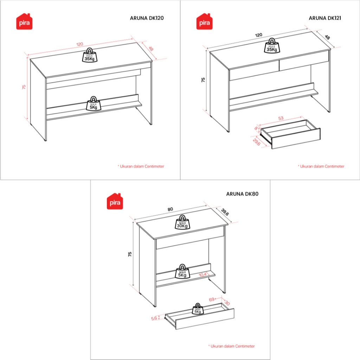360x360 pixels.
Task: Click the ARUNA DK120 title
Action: coord(147,18)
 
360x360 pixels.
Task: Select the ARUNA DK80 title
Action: coord(243,193)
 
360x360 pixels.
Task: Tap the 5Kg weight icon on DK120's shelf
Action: coord(93,104)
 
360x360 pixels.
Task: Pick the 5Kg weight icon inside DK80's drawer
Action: coord(198,309)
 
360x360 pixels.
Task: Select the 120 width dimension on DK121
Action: coord(259,35)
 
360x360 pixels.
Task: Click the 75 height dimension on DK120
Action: coord(24,87)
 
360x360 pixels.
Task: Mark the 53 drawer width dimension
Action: coord(281,118)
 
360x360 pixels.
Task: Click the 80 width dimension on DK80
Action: coord(170,209)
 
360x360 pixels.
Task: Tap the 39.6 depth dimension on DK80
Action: coord(225,213)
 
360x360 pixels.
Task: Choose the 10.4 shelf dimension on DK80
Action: coord(202,275)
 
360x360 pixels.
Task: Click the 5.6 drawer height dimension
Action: coord(154,318)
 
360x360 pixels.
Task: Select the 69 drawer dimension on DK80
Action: coord(212,300)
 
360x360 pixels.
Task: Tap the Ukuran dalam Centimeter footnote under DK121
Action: coord(321,166)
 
